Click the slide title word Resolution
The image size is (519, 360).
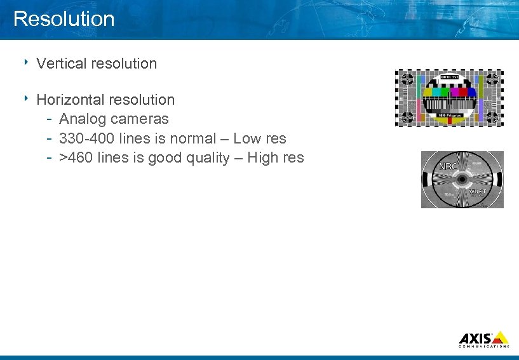(64, 18)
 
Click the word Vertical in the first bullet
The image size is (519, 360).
(62, 63)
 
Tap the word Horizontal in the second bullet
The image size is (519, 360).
(71, 100)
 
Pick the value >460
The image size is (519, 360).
(76, 157)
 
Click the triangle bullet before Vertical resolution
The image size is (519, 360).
(28, 62)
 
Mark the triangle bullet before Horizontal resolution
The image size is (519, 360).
(28, 98)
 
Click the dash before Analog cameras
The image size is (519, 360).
(50, 119)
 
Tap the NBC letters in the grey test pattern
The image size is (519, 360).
(448, 167)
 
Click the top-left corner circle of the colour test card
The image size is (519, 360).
(407, 79)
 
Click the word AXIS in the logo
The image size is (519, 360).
(475, 338)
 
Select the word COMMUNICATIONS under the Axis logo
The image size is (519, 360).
(483, 347)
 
